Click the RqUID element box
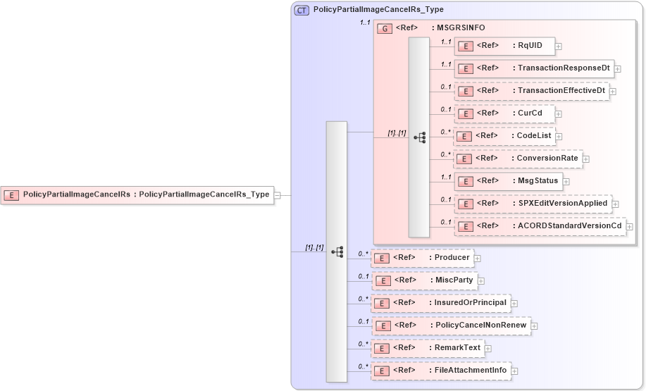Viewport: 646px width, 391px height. tap(504, 46)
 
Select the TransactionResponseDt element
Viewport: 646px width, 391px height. tap(533, 68)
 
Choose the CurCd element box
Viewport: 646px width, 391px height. tap(504, 113)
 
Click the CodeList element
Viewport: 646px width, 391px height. tap(504, 136)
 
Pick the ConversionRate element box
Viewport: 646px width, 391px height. tap(517, 159)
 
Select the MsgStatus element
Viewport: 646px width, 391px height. tap(507, 181)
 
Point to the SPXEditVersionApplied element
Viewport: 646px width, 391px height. tap(532, 204)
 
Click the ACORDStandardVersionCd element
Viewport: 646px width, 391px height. tap(540, 226)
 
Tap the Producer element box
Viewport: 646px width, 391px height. tap(422, 258)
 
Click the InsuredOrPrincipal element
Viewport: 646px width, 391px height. tap(440, 303)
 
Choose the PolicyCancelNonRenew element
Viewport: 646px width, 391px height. tap(451, 325)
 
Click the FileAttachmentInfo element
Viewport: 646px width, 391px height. tap(441, 371)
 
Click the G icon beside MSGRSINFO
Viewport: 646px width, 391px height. tap(385, 29)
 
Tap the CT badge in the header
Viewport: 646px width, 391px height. tap(302, 11)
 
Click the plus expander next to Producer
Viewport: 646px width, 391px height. tap(478, 259)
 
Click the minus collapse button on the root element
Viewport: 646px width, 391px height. tap(278, 195)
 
